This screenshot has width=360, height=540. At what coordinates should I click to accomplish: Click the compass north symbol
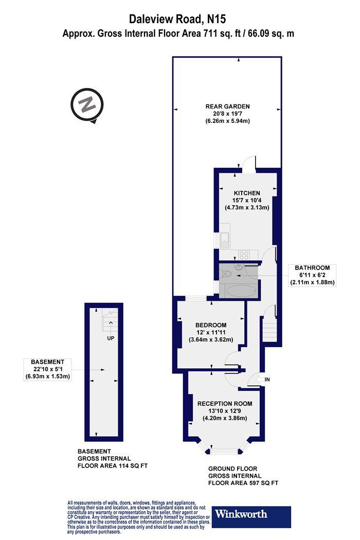pyautogui.click(x=87, y=105)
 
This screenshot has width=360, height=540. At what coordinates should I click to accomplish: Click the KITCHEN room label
pyautogui.click(x=247, y=193)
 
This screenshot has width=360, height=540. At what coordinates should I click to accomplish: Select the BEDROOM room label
pyautogui.click(x=211, y=325)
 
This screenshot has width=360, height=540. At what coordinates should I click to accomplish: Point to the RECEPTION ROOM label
pyautogui.click(x=225, y=403)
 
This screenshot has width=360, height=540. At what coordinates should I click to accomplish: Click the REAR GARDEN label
pyautogui.click(x=227, y=106)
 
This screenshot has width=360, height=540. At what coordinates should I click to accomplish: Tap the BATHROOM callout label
pyautogui.click(x=312, y=267)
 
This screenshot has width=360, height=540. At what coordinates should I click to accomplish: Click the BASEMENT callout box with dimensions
pyautogui.click(x=47, y=369)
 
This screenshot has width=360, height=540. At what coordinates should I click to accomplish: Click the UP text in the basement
pyautogui.click(x=111, y=338)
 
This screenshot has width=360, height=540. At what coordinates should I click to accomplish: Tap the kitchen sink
pyautogui.click(x=225, y=240)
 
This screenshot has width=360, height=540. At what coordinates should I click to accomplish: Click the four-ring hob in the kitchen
pyautogui.click(x=244, y=255)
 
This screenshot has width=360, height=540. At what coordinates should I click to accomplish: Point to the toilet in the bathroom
pyautogui.click(x=226, y=274)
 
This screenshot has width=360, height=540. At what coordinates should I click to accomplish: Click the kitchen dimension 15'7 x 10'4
pyautogui.click(x=247, y=200)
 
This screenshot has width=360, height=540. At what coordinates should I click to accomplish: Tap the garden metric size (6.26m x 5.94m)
pyautogui.click(x=228, y=121)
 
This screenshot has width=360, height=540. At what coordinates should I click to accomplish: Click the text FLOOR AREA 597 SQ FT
pyautogui.click(x=243, y=483)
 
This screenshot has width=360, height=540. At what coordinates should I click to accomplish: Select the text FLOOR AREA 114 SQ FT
pyautogui.click(x=112, y=465)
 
